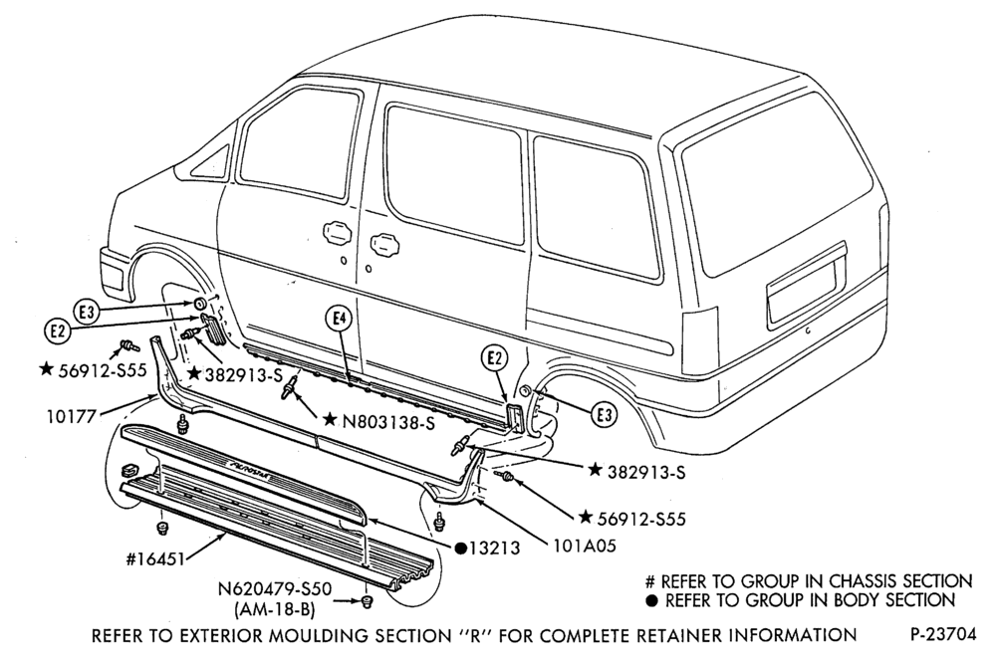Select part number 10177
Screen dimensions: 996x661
click(72, 416)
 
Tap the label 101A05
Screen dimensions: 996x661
click(585, 546)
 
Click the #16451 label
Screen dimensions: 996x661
click(155, 558)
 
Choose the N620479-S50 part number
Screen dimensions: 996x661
click(275, 589)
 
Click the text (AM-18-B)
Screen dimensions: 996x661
click(275, 609)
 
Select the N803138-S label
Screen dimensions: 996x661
click(388, 422)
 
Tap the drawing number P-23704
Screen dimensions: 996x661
click(942, 634)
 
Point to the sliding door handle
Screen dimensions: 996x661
click(383, 243)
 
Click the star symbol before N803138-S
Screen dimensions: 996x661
click(329, 420)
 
